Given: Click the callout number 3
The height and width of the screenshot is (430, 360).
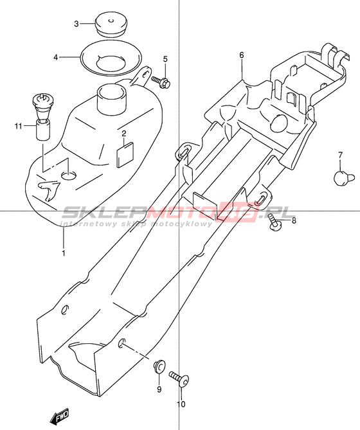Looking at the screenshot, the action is coord(76,24).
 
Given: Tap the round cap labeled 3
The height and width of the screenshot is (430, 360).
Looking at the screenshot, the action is coord(111,24).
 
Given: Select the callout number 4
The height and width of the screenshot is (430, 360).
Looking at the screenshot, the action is coord(56,58).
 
